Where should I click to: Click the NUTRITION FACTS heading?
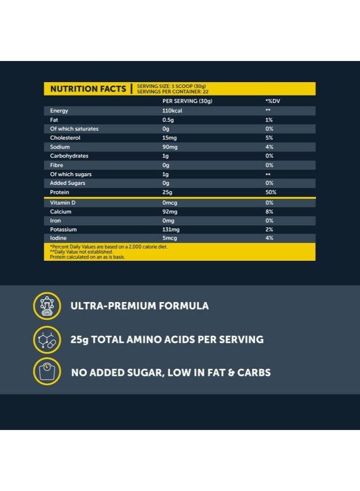pos(88,89)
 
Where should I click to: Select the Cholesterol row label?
pos(65,138)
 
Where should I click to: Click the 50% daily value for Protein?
pos(270,192)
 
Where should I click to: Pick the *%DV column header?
pos(272,101)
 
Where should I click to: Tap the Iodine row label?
pos(58,239)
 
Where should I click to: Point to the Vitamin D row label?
pos(62,203)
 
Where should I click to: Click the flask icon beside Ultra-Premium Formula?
pos(47,306)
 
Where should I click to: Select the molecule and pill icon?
pos(47,339)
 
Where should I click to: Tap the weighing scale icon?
pos(47,372)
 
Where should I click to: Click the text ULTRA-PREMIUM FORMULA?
pos(140,306)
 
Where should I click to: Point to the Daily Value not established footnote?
pos(82,251)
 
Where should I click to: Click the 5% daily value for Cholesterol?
pos(269,138)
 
